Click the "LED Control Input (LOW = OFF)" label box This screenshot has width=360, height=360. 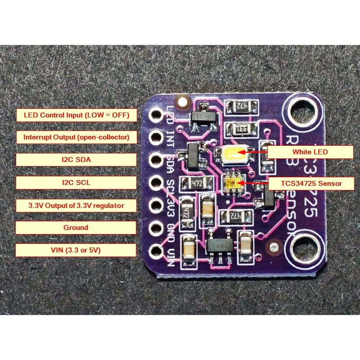coord(76,115)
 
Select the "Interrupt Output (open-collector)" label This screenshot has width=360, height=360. coord(76,137)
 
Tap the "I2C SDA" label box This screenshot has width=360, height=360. coord(76,160)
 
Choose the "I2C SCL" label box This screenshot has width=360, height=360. coord(76,183)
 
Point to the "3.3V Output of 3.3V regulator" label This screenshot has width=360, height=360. coord(76,206)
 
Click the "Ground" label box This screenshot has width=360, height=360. coord(76,228)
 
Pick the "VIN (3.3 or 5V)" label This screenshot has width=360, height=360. coord(76,250)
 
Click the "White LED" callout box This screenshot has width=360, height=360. coord(310,152)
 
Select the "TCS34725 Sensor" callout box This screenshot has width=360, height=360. coord(311,183)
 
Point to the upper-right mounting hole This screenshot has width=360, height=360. coord(301,110)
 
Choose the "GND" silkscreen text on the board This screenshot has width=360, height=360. coord(171,228)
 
